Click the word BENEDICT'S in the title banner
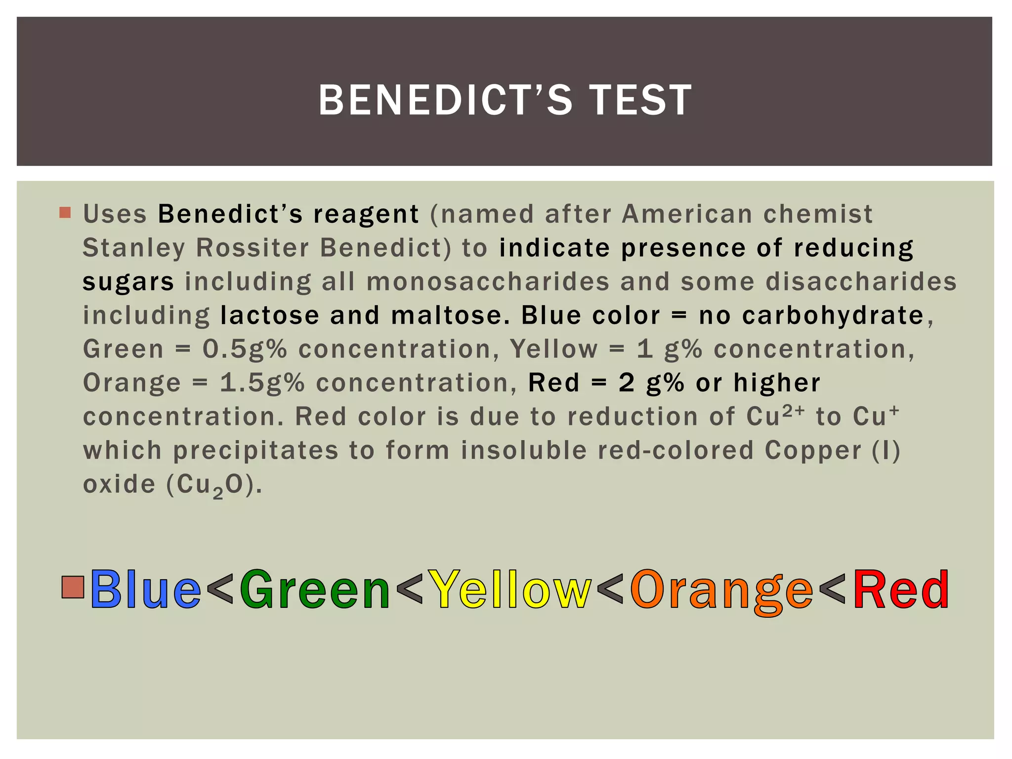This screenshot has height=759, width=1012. tap(445, 100)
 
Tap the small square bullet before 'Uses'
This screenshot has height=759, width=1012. tap(65, 213)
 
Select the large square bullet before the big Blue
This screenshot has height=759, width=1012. tap(73, 587)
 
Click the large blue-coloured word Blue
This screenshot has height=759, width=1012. tap(145, 590)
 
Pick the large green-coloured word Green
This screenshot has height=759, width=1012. tap(315, 590)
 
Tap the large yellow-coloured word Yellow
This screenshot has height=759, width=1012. tap(509, 590)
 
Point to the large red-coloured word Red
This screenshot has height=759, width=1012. tap(900, 590)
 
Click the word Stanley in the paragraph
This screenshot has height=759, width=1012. tap(133, 248)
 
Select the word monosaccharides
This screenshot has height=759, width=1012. tap(488, 282)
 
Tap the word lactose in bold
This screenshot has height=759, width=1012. tap(270, 315)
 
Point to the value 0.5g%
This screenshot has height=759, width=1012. tap(245, 349)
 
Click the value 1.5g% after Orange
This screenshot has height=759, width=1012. tap(262, 383)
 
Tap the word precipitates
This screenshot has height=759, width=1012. tap(255, 451)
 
